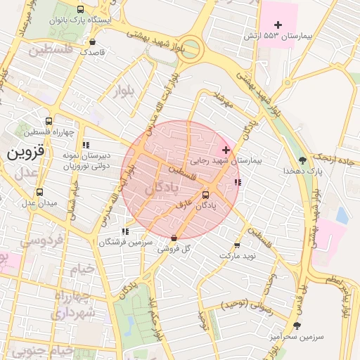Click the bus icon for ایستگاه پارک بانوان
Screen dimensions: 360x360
coord(81,10)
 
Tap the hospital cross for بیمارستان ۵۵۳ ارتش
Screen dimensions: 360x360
coord(278,25)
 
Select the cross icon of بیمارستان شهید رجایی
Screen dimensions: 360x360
coord(226,150)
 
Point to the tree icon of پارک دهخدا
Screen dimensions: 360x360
coord(302,160)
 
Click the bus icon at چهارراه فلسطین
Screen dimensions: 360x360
coord(48,121)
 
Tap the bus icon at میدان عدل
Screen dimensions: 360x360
coord(39,192)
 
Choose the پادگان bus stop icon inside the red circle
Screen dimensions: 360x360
coord(205,195)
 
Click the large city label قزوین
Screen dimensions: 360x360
coord(25,151)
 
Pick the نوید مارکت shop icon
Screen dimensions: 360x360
coord(236,245)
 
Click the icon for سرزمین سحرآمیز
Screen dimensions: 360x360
coord(297,326)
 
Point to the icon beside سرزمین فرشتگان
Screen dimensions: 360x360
coord(125,231)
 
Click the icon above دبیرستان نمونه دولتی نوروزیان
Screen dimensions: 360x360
coord(86,146)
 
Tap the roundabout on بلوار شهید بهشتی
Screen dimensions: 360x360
coord(189,50)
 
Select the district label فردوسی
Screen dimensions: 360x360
coord(41,241)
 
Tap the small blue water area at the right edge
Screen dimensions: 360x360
coord(342,215)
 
